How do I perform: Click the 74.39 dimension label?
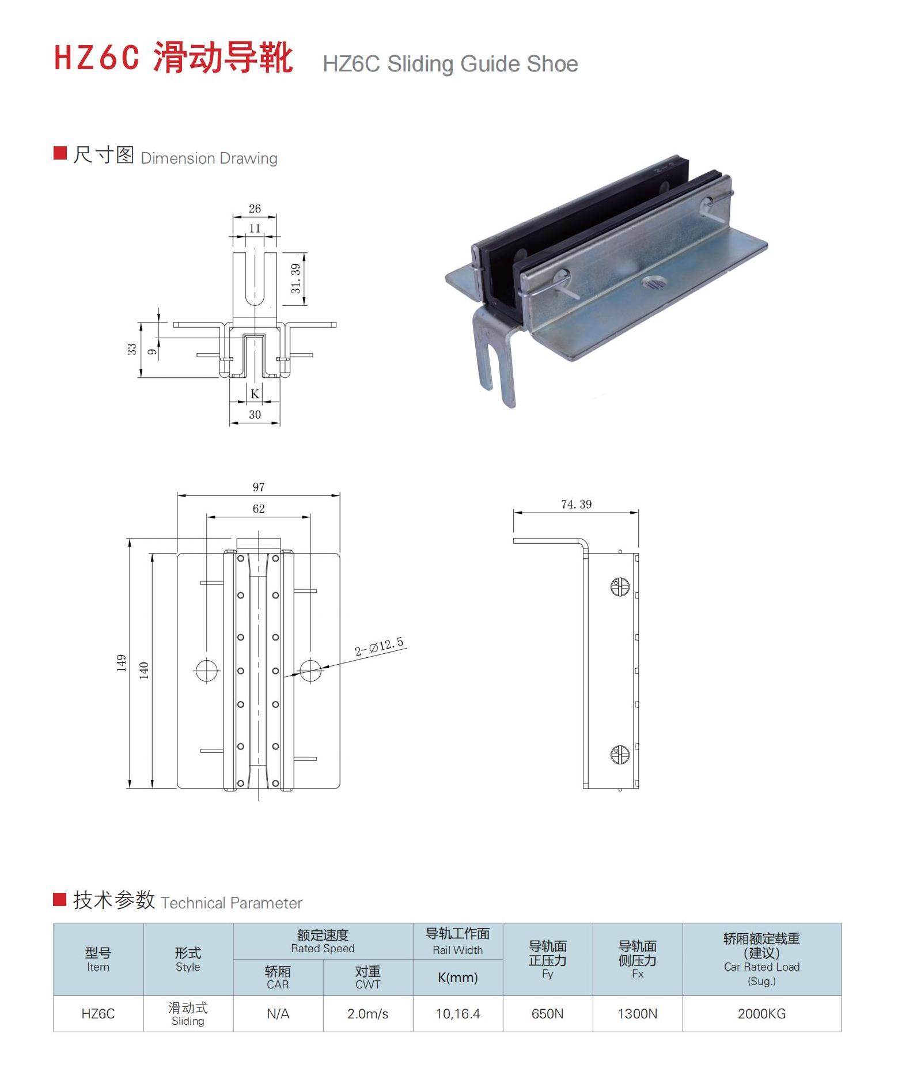576,505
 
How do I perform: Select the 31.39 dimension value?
296,278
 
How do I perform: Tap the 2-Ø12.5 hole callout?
378,647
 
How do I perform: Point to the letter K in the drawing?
255,394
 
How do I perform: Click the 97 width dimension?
259,487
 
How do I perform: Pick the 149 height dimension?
121,663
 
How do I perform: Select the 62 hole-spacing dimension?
259,509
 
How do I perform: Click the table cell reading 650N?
547,1013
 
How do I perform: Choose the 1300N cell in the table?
637,1013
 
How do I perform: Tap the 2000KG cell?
761,1013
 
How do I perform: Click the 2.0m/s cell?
367,1013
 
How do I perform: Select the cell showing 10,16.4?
457,1013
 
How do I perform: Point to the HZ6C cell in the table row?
98,1013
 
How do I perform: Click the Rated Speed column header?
323,941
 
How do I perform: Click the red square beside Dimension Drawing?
60,153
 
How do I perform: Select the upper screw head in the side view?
620,587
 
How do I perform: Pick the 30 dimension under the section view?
255,415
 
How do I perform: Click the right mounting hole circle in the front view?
310,670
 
